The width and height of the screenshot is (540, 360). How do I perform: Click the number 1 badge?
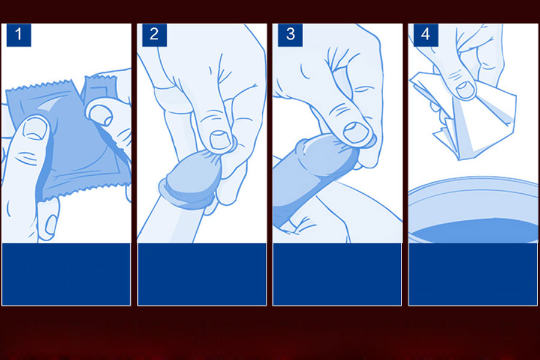pos(18,34)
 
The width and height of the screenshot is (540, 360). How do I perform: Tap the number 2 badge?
pos(154,34)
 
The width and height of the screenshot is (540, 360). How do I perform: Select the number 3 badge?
pos(290,34)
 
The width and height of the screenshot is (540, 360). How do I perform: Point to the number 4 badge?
pos(425,34)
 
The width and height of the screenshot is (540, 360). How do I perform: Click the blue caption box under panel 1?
pos(66,274)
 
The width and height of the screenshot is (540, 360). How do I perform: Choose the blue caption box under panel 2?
pos(202,274)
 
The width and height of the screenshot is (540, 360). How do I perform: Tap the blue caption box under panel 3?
pos(337,274)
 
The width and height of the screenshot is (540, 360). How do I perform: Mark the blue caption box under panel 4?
pos(472,274)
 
